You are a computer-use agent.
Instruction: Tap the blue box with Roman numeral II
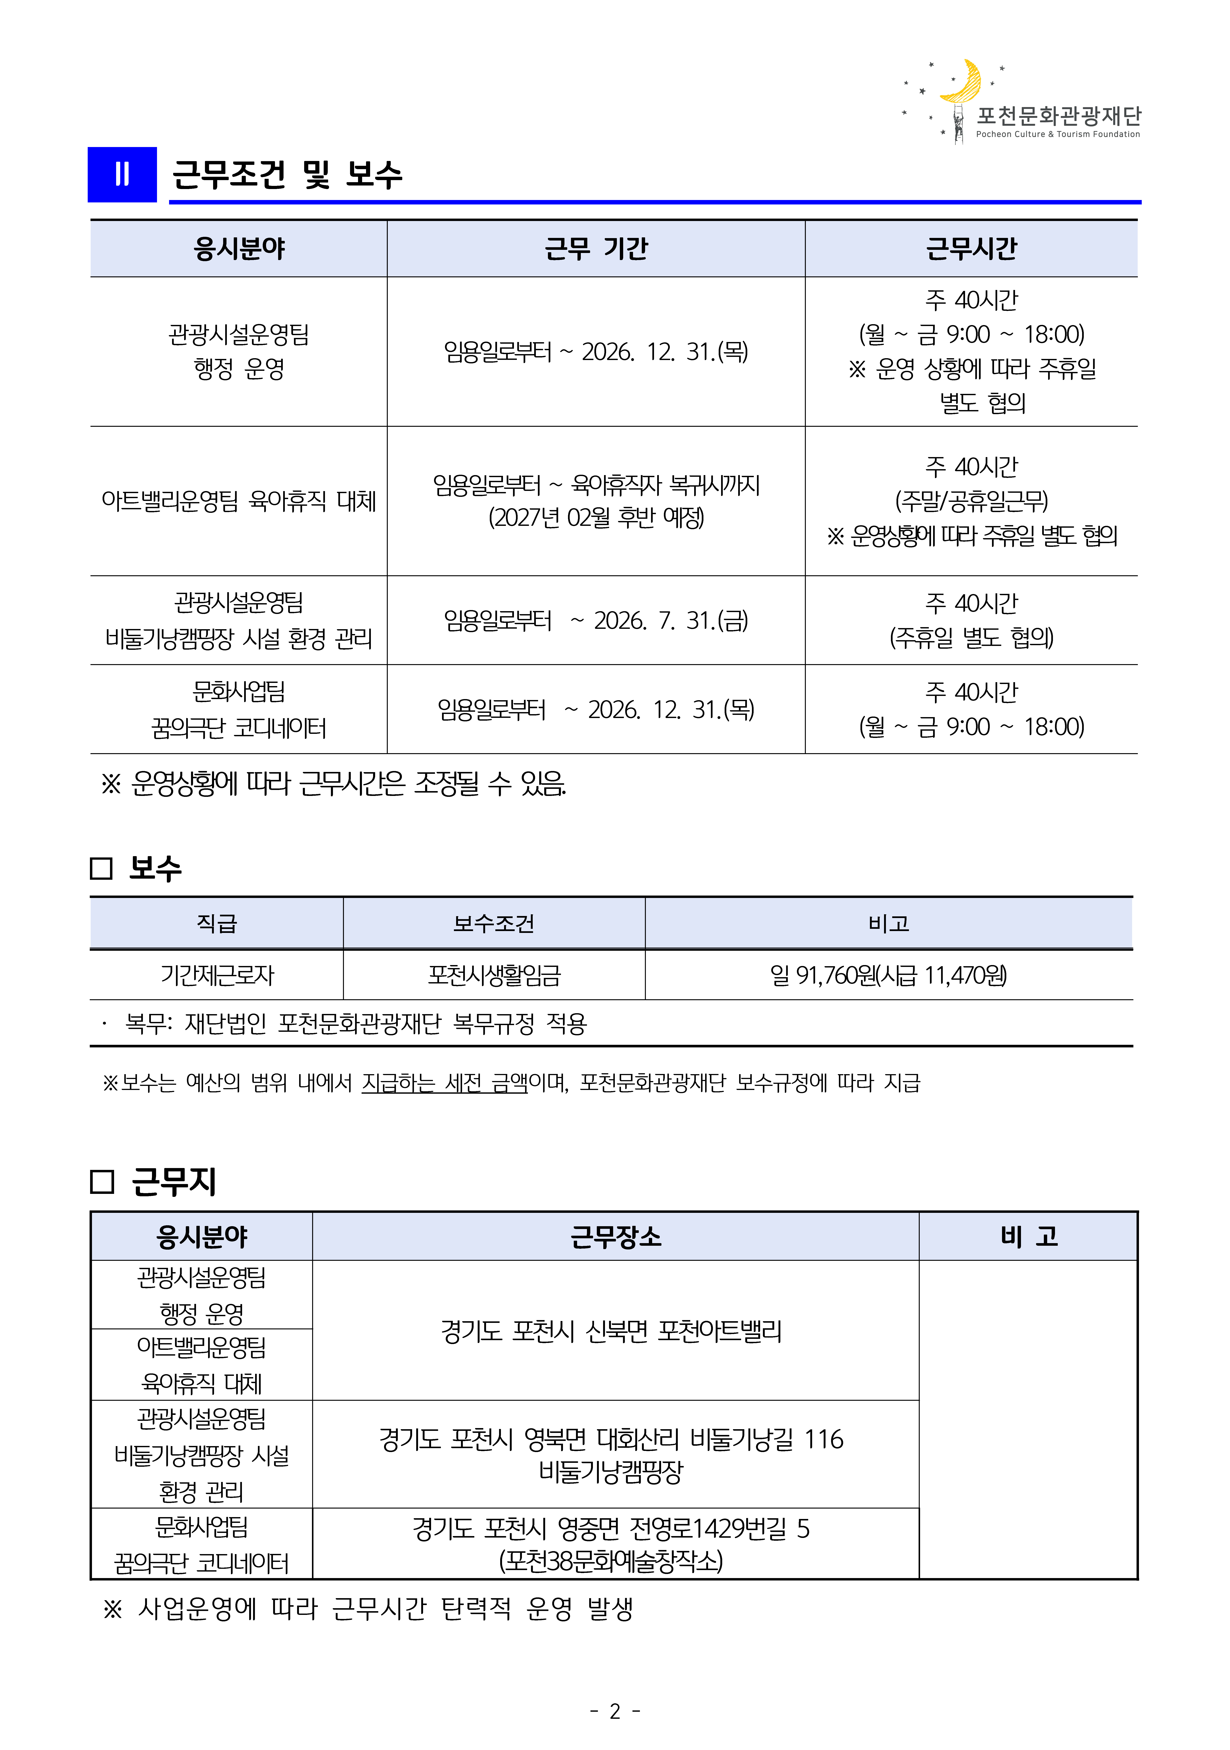coord(122,175)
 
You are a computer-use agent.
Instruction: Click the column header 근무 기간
coord(596,249)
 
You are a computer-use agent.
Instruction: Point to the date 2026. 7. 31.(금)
coord(671,620)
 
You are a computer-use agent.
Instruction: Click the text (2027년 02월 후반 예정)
coord(596,517)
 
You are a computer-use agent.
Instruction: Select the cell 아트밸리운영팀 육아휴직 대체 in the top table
coord(239,501)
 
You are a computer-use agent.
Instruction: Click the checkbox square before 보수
coord(101,868)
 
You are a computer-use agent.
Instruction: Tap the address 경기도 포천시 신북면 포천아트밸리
coord(611,1331)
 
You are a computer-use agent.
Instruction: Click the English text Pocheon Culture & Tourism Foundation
coord(1058,134)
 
